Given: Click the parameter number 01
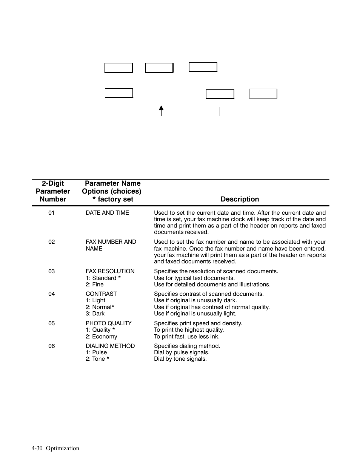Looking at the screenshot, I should click(51, 213).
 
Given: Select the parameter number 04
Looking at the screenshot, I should click(51, 294).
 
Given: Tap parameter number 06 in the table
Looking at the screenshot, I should click(51, 346).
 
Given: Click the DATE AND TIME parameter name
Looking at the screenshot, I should click(107, 213).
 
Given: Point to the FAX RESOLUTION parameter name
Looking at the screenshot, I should click(110, 271).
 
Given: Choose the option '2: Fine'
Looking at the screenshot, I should click(94, 285).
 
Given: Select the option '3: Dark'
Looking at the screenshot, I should click(95, 314).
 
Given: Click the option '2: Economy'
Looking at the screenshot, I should click(101, 337).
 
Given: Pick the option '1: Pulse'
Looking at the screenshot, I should click(96, 352).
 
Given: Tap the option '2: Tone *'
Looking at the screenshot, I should click(97, 359).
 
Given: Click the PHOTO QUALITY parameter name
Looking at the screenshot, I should click(109, 323).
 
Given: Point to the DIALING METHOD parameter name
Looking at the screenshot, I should click(110, 346).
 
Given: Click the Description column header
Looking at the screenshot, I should click(240, 199).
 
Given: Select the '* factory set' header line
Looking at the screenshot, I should click(112, 199).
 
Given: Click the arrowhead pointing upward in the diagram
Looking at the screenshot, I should click(161, 108).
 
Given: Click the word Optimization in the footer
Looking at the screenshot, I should click(63, 448).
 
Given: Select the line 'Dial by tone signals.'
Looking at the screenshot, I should click(180, 359).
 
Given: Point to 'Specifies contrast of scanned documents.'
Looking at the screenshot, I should click(209, 294).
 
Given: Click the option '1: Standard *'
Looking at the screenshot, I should click(103, 278).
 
